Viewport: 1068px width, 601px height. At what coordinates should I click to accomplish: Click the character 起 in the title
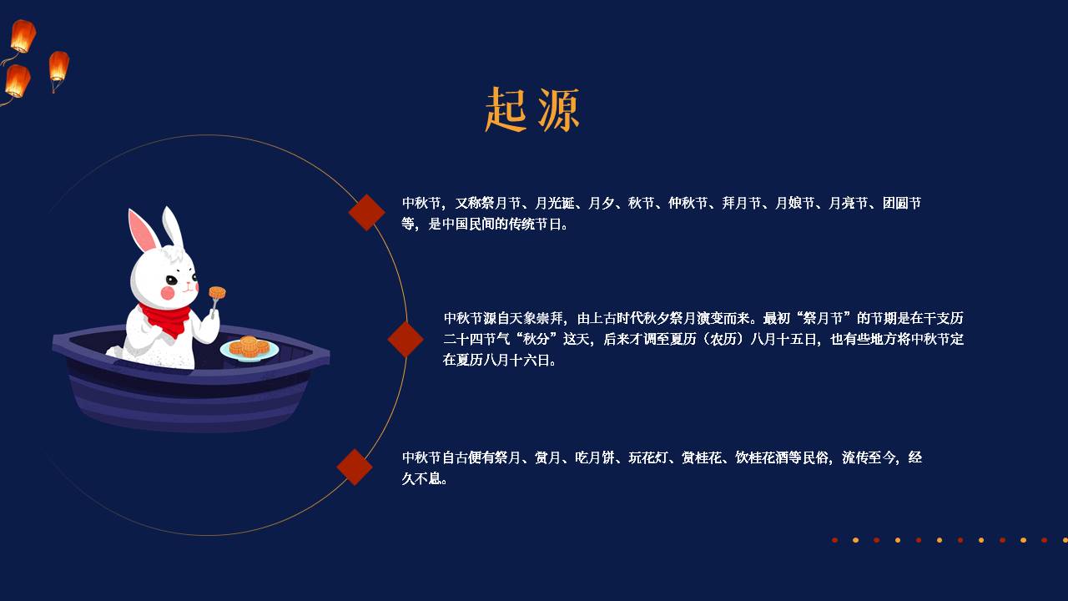506,109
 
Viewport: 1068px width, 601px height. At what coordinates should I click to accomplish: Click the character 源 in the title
559,109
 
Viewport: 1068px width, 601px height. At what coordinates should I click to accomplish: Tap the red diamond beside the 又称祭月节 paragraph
366,212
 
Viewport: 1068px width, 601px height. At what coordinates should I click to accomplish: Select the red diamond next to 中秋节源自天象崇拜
406,339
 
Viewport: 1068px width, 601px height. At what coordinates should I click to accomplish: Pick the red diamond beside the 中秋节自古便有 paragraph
355,467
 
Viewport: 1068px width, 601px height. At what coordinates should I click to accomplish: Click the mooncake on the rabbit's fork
217,292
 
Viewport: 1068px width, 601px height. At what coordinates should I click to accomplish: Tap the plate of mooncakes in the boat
249,349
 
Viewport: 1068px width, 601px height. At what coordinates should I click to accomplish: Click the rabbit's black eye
171,280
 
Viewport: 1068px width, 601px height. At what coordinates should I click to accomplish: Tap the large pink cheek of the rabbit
168,293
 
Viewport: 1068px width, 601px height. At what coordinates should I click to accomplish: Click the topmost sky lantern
23,36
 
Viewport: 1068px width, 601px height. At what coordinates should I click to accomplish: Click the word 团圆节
902,203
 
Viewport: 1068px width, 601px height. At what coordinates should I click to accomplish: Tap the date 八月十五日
783,339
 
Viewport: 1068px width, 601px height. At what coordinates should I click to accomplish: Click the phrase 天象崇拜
537,318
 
